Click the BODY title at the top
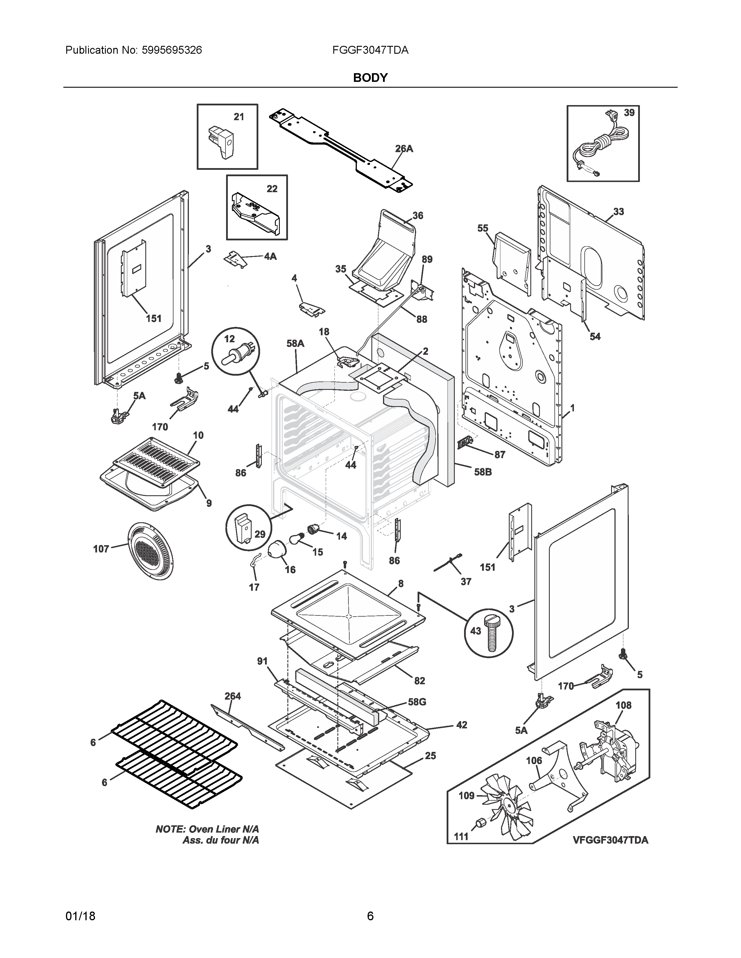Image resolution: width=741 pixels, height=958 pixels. [x=370, y=78]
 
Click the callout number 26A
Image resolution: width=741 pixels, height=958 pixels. [x=404, y=149]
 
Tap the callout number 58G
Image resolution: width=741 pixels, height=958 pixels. [x=417, y=702]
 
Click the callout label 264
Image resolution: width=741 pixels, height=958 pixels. [x=233, y=696]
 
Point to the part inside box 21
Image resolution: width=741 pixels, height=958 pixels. [x=222, y=141]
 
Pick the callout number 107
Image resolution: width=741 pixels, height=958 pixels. [x=101, y=549]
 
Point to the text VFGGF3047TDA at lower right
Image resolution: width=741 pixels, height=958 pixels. [x=610, y=840]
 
